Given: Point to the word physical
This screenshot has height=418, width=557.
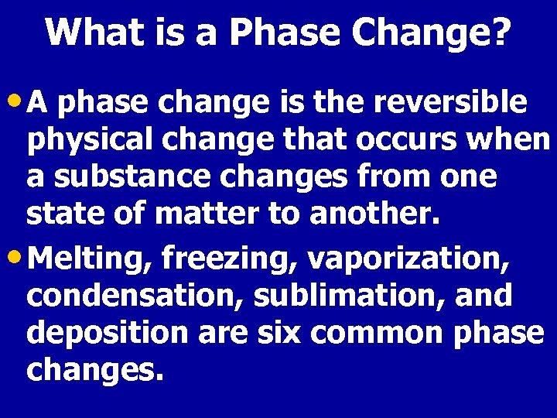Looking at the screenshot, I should pos(85,142).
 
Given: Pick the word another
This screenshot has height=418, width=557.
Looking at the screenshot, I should pos(374,214).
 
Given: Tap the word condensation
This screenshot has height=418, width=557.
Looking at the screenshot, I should pos(127,295).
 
